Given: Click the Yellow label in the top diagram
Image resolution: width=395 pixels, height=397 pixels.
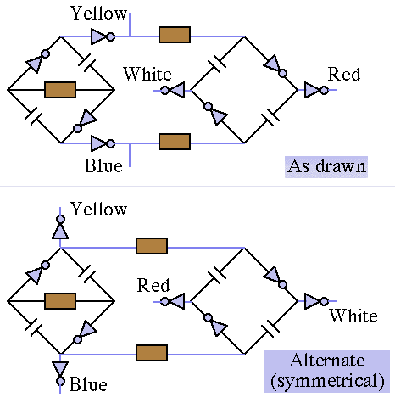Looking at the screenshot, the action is pyautogui.click(x=98, y=14).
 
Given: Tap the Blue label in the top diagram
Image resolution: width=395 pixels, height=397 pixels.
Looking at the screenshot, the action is pyautogui.click(x=103, y=165).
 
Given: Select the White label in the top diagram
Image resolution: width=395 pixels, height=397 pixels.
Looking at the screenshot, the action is pyautogui.click(x=147, y=74).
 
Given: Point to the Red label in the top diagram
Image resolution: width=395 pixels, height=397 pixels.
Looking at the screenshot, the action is pyautogui.click(x=344, y=75).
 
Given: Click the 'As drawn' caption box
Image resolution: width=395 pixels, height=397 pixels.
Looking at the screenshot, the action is pyautogui.click(x=326, y=167).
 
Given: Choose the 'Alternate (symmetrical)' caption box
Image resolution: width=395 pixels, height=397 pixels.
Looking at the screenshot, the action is pyautogui.click(x=327, y=372).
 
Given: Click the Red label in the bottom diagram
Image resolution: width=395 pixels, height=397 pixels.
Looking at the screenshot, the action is pyautogui.click(x=153, y=285).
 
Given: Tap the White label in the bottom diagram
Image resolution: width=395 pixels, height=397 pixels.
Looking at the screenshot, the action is pyautogui.click(x=353, y=316).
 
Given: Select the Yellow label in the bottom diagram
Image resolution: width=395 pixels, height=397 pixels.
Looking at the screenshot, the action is pyautogui.click(x=98, y=210).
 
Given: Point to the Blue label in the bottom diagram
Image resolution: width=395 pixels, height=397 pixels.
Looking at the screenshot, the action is pyautogui.click(x=88, y=385).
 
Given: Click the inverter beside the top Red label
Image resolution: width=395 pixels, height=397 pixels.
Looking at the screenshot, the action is pyautogui.click(x=316, y=90).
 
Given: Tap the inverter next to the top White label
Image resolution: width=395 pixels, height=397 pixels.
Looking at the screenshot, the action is pyautogui.click(x=172, y=90).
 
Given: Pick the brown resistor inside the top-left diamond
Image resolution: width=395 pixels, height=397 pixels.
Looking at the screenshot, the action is pyautogui.click(x=60, y=90).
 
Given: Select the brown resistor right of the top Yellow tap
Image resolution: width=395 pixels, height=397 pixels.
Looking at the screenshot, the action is pyautogui.click(x=175, y=35).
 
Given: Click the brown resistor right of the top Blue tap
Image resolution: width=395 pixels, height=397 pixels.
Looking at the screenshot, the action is pyautogui.click(x=175, y=142).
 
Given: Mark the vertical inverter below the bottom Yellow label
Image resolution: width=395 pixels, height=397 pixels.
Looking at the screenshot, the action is pyautogui.click(x=60, y=227).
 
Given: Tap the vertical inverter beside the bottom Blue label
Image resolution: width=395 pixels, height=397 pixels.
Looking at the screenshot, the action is pyautogui.click(x=60, y=373).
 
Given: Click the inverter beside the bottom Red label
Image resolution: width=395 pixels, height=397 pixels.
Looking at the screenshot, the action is pyautogui.click(x=172, y=301).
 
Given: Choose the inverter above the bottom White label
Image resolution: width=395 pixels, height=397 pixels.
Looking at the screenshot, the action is pyautogui.click(x=316, y=301).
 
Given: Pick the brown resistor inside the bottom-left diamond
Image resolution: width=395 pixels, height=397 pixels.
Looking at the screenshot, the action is pyautogui.click(x=60, y=301).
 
